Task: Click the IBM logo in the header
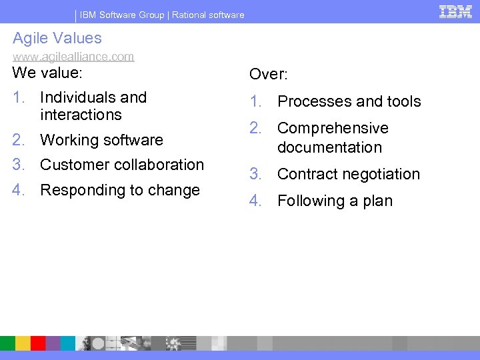(455, 11)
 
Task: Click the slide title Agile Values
(57, 38)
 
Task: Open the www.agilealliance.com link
(73, 57)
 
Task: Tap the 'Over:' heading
(268, 75)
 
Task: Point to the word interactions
(81, 115)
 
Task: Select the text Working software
(101, 140)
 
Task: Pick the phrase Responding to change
(120, 190)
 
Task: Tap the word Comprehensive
(333, 128)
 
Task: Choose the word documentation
(329, 147)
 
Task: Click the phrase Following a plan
(335, 201)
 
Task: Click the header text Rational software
(208, 15)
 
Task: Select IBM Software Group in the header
(123, 15)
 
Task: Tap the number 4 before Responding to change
(19, 190)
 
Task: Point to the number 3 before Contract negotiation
(255, 174)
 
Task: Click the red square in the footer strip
(39, 343)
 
